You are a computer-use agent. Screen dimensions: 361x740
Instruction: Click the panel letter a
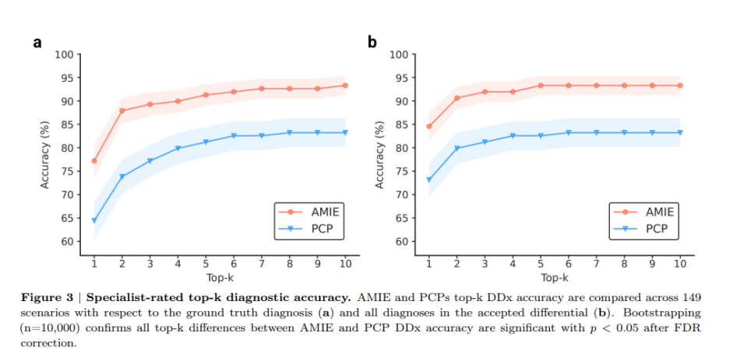pyautogui.click(x=37, y=43)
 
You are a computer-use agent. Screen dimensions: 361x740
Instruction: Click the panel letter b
pyautogui.click(x=372, y=42)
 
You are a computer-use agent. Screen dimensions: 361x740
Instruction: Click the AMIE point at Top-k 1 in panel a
pyautogui.click(x=94, y=161)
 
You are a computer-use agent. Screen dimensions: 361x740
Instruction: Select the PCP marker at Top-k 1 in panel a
pyautogui.click(x=94, y=220)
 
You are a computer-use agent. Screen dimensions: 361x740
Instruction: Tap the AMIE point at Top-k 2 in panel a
pyautogui.click(x=122, y=110)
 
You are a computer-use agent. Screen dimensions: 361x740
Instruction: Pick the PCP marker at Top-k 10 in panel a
pyautogui.click(x=345, y=132)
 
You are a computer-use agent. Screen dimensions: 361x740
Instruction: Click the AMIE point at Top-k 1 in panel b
pyautogui.click(x=429, y=126)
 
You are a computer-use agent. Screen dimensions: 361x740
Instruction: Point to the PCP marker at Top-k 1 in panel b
pyautogui.click(x=429, y=180)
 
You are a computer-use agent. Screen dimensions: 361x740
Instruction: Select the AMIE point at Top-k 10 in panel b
pyautogui.click(x=680, y=86)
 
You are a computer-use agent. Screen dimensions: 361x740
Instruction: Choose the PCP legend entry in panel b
pyautogui.click(x=646, y=229)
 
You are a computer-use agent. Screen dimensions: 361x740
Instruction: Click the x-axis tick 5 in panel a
pyautogui.click(x=206, y=264)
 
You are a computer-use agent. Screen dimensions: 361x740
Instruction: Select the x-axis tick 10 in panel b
pyautogui.click(x=680, y=264)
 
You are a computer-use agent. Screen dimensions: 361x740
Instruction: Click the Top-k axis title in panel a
pyautogui.click(x=220, y=277)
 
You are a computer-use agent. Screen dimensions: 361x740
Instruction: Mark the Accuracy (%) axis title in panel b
pyautogui.click(x=380, y=148)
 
